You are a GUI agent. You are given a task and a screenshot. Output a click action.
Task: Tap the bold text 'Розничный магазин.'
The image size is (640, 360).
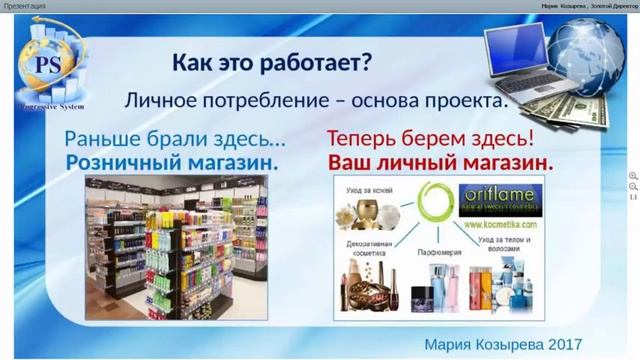click(172, 161)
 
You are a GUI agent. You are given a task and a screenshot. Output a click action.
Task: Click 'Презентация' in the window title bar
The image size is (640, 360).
click(25, 6)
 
